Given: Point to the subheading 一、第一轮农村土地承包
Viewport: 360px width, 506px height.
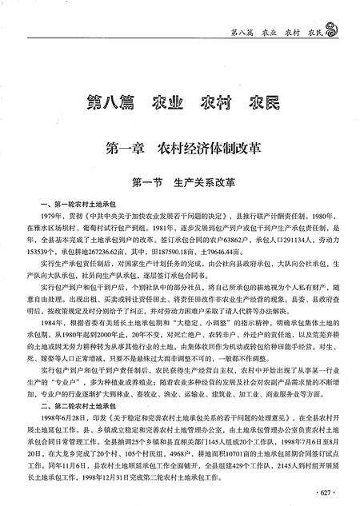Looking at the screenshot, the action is (x=81, y=205).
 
